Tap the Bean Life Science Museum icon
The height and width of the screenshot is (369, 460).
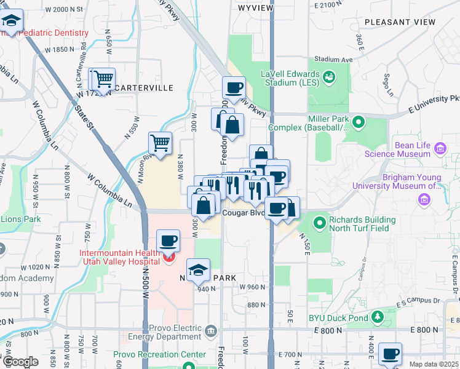click(440, 148)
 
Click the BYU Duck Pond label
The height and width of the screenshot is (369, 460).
click(338, 318)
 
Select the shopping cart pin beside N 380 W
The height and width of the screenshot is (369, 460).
click(160, 143)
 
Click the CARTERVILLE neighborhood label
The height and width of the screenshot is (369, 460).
click(143, 88)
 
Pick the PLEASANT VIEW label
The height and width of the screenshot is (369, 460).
click(400, 22)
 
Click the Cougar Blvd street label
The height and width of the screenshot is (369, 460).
click(242, 213)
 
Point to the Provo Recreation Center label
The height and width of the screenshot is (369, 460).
click(159, 355)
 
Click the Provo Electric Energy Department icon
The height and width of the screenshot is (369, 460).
click(211, 331)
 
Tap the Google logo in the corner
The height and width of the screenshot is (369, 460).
click(20, 362)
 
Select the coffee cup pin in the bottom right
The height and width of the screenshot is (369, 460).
click(390, 354)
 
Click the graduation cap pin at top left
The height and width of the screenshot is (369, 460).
click(11, 21)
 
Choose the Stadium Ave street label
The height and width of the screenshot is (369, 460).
click(333, 60)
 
